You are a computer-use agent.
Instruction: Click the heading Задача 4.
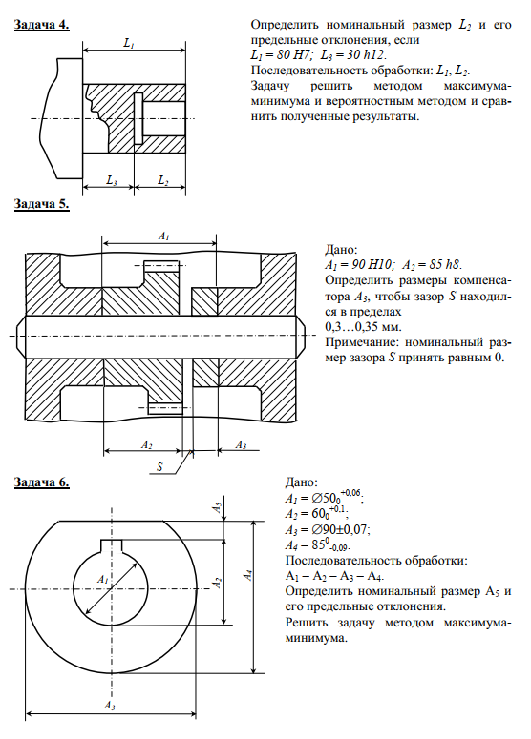(x=41, y=25)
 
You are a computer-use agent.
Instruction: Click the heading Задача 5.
(x=41, y=204)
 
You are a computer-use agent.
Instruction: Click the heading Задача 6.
(x=41, y=482)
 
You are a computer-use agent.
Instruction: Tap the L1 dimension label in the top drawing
(x=129, y=43)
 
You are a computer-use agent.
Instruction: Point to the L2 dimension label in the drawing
(x=163, y=180)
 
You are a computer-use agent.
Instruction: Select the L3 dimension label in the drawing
(x=112, y=180)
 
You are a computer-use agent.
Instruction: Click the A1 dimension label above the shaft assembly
(x=163, y=236)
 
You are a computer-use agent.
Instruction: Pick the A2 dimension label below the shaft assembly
(x=146, y=444)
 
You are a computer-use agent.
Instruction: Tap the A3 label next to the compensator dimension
(x=241, y=444)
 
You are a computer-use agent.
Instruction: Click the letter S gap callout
(x=159, y=466)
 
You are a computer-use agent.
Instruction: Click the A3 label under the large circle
(x=110, y=706)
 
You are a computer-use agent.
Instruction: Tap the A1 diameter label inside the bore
(x=102, y=579)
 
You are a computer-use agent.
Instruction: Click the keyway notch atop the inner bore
(x=112, y=545)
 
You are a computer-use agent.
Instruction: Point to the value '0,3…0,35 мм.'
(x=363, y=327)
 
